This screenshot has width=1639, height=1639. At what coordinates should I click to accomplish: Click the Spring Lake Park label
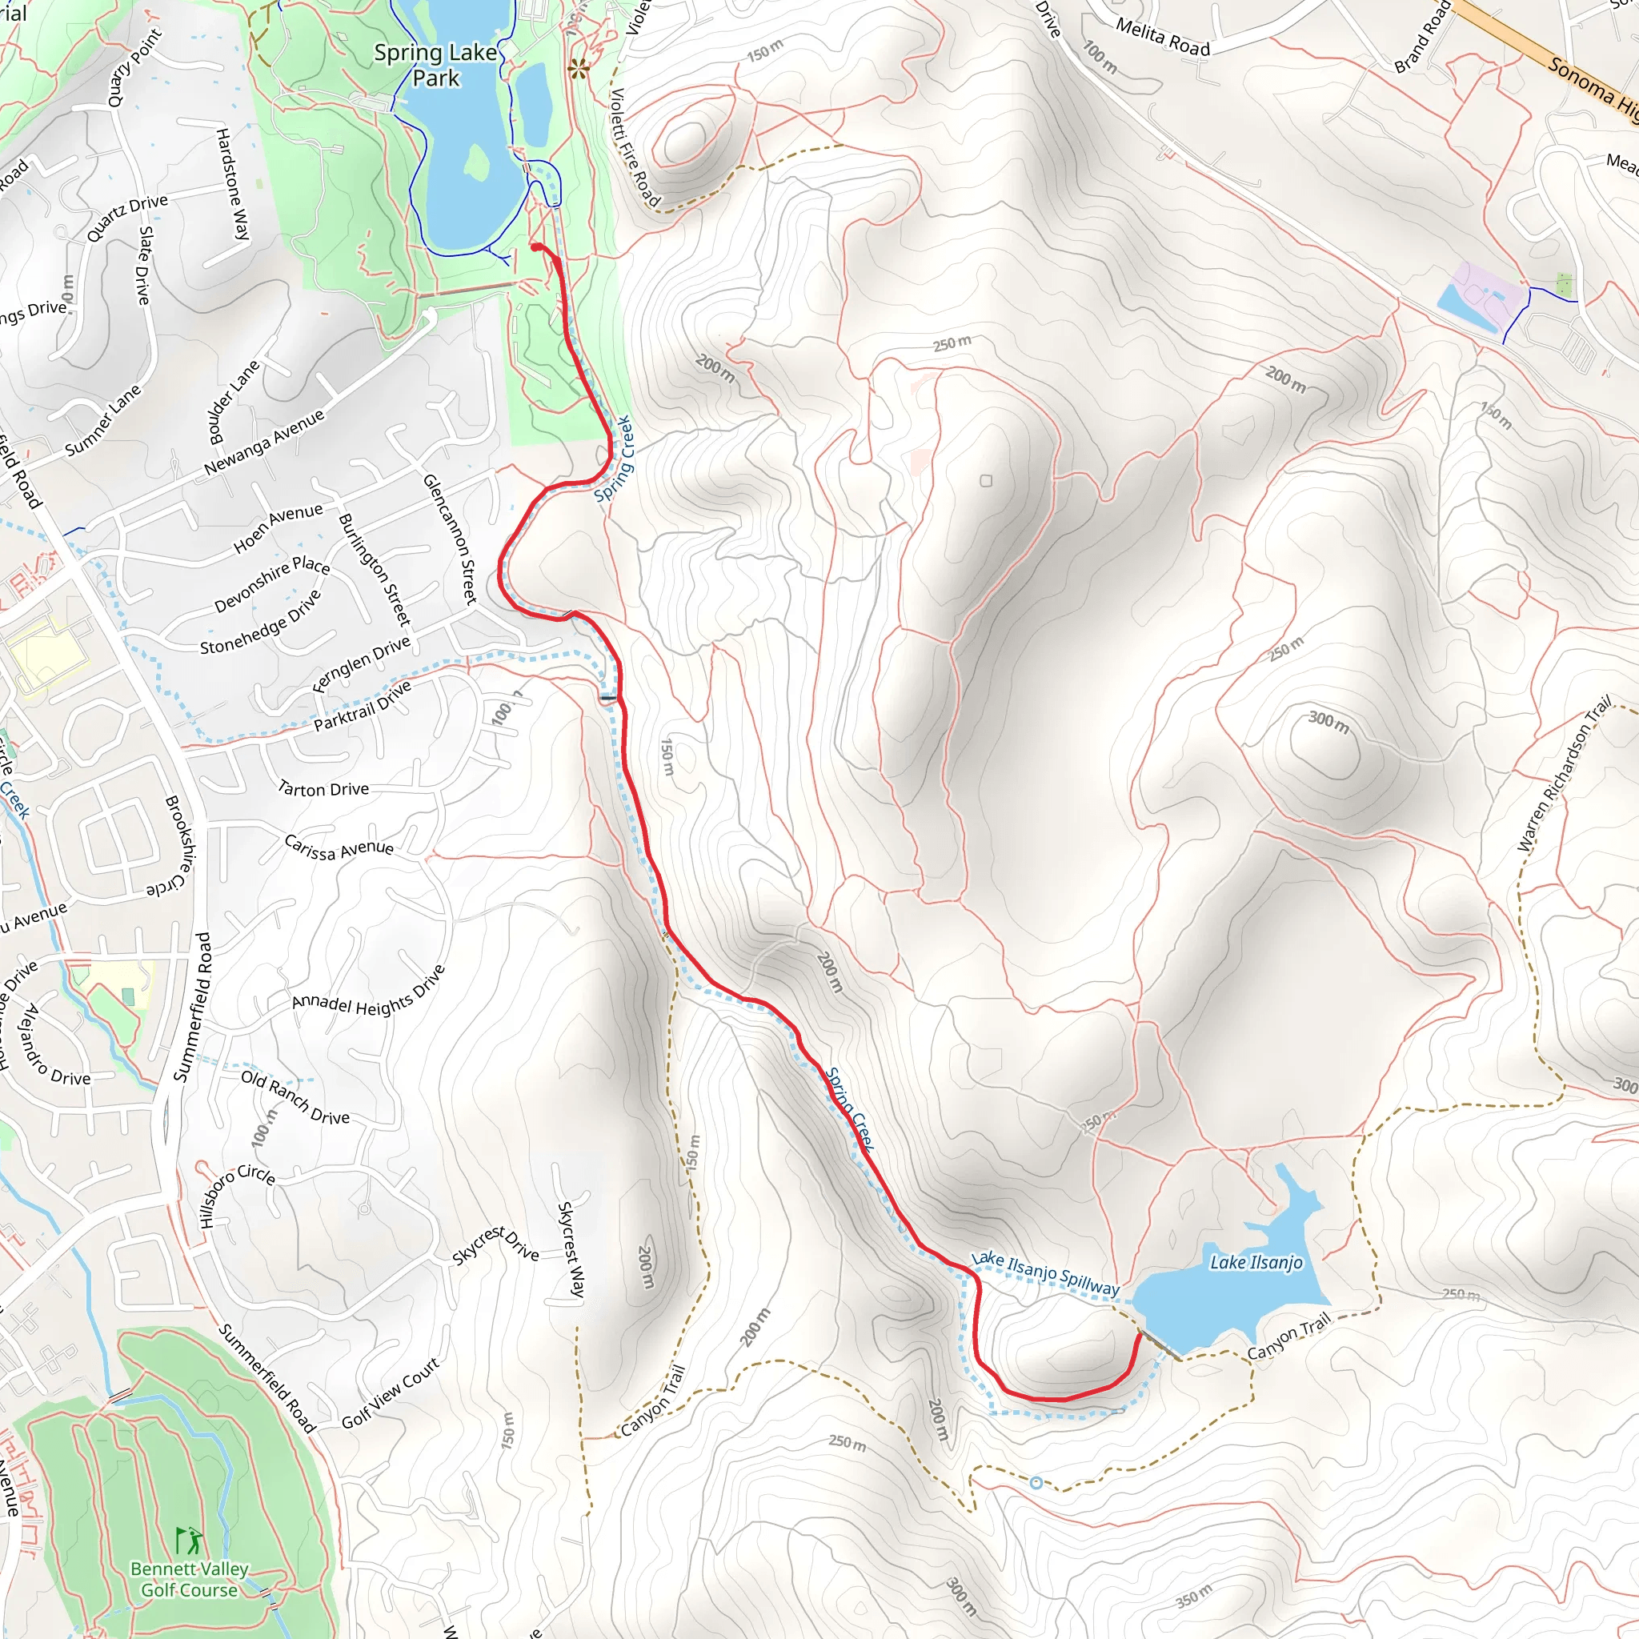click(x=435, y=66)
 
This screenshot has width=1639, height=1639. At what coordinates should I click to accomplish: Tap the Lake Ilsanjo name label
click(x=1256, y=1262)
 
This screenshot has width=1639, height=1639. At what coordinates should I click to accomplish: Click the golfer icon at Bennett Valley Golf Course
click(x=189, y=1540)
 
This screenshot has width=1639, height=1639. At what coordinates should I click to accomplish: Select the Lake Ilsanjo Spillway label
click(x=1045, y=1272)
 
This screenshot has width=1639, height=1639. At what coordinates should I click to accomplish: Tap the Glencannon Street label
click(x=450, y=539)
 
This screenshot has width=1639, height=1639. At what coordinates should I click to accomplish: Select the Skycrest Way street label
click(x=571, y=1249)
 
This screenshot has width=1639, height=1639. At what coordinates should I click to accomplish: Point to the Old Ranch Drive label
click(x=295, y=1097)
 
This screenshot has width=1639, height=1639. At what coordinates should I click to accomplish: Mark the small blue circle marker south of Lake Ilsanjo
click(x=1036, y=1483)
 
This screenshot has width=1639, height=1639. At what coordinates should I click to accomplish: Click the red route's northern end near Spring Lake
click(x=536, y=246)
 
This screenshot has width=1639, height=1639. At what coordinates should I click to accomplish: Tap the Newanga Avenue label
click(x=264, y=443)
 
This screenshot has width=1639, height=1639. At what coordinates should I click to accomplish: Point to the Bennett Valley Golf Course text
click(x=189, y=1580)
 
